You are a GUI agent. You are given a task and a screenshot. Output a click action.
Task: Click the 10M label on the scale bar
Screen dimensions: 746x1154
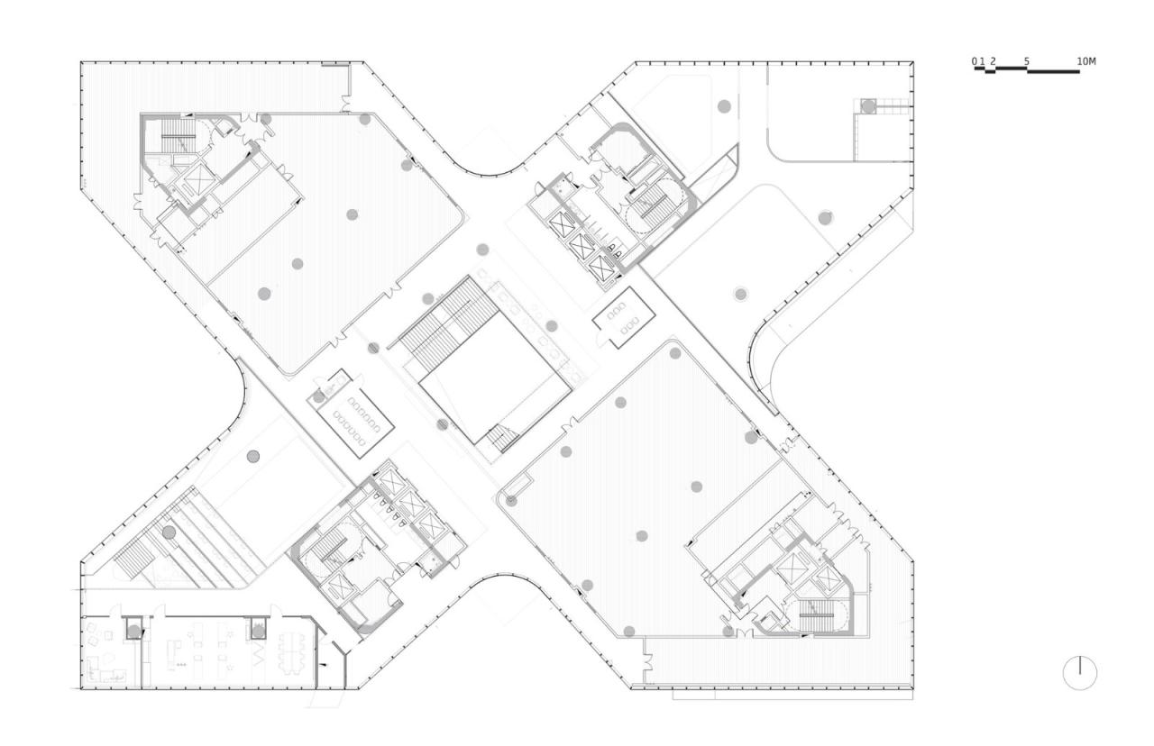(x=1085, y=61)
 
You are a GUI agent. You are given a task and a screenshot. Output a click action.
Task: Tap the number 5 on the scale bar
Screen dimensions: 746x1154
(x=1027, y=61)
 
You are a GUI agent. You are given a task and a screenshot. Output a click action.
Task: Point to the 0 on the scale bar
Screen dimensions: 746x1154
(x=975, y=61)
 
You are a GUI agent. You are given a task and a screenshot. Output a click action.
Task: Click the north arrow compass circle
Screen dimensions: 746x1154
(x=1079, y=673)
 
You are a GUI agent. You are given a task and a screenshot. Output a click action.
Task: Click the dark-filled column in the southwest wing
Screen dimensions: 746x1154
(x=253, y=455)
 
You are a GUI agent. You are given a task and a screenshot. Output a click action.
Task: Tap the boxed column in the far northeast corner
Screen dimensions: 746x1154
(x=868, y=106)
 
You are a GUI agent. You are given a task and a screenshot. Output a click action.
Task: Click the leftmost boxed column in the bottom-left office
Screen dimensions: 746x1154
(x=133, y=630)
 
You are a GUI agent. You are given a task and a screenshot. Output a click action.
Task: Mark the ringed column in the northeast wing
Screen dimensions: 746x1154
(x=740, y=293)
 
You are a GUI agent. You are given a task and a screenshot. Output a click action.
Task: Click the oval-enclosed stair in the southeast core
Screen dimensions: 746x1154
(x=818, y=616)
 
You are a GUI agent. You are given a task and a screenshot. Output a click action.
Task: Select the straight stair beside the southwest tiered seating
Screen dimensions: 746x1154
(x=139, y=551)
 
